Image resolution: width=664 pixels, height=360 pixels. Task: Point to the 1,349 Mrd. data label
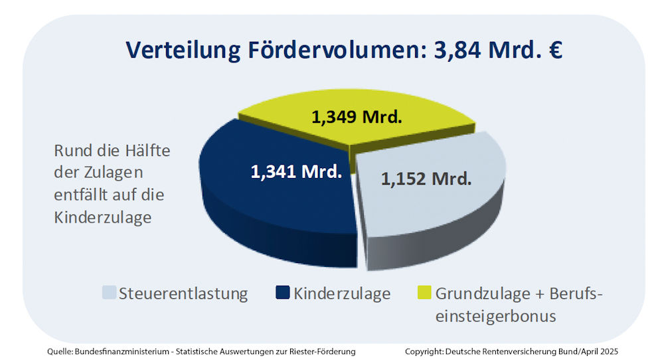(357, 118)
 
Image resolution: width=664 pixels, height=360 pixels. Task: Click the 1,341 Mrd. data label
(295, 171)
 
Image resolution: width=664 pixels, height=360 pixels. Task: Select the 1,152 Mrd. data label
(426, 178)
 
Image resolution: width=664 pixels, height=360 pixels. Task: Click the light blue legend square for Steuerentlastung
(110, 293)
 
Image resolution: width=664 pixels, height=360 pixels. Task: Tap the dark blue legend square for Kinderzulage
(282, 293)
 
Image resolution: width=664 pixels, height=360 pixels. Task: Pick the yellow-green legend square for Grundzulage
(423, 293)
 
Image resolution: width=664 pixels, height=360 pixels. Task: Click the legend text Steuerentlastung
(183, 294)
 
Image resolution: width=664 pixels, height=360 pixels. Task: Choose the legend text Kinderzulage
(342, 294)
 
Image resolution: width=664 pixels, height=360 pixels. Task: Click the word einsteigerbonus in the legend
(495, 316)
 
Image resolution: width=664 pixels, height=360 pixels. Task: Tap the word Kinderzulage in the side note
(102, 218)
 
